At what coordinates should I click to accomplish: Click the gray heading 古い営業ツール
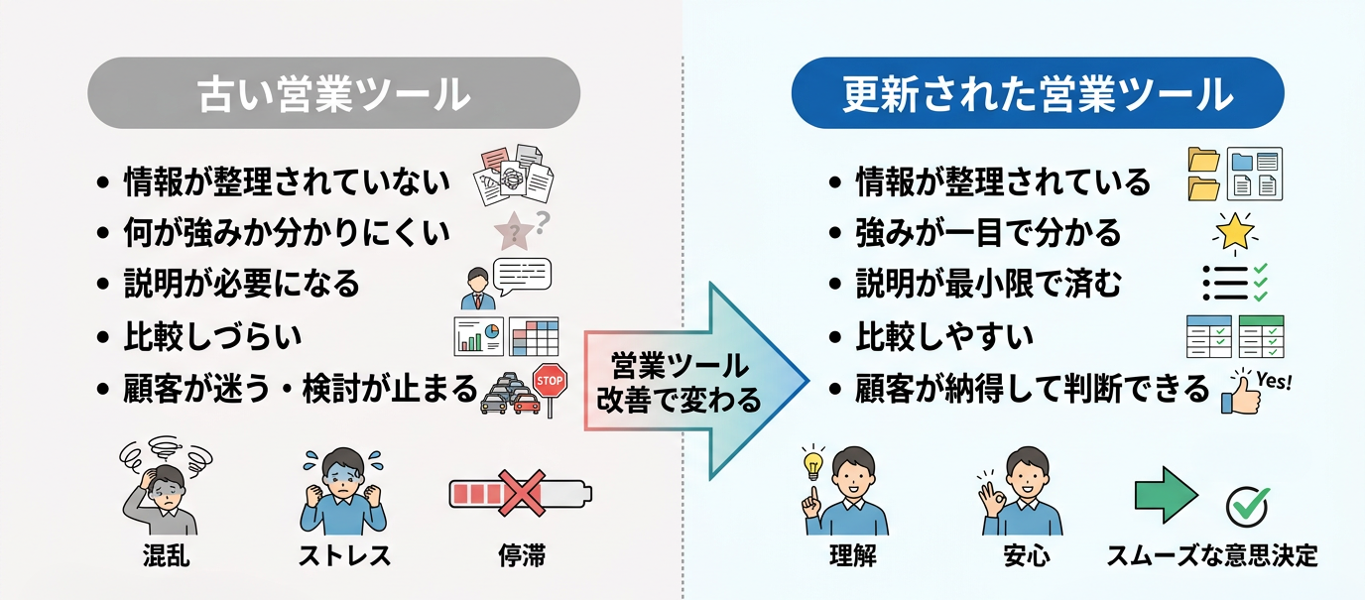pyautogui.click(x=333, y=95)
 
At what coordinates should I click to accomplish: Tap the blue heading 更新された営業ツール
pyautogui.click(x=1037, y=95)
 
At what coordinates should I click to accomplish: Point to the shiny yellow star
pyautogui.click(x=1234, y=232)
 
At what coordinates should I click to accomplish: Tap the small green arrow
pyautogui.click(x=1166, y=493)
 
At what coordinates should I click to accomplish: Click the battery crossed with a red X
pyautogui.click(x=519, y=492)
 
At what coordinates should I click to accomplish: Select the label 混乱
pyautogui.click(x=166, y=555)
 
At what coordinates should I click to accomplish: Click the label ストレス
pyautogui.click(x=342, y=555)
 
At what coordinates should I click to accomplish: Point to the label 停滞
pyautogui.click(x=522, y=555)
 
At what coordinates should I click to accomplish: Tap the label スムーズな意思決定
pyautogui.click(x=1212, y=555)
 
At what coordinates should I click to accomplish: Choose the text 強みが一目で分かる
pyautogui.click(x=988, y=233)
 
